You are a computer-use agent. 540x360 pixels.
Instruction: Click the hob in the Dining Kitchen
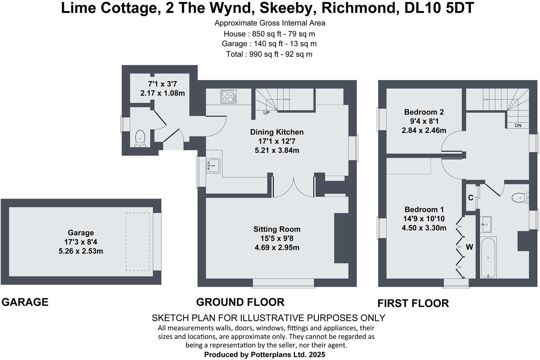[x=229, y=97]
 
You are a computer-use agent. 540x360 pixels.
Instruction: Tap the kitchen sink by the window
[x=213, y=165]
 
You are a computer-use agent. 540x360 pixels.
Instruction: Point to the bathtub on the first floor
[x=488, y=258]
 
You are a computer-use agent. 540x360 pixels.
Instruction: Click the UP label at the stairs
[x=266, y=113]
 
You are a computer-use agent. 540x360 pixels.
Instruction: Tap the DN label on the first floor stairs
[x=518, y=125]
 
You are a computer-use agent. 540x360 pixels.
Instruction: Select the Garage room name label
[x=81, y=233]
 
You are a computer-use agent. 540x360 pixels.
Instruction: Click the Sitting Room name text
[x=277, y=229]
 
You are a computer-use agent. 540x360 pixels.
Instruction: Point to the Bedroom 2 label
[x=424, y=112]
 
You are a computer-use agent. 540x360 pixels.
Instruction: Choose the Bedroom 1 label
[x=424, y=209]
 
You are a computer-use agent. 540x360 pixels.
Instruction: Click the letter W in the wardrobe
[x=469, y=247]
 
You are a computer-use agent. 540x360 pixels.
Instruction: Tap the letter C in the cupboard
[x=470, y=198]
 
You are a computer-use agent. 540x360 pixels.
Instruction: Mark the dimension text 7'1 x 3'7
[x=162, y=84]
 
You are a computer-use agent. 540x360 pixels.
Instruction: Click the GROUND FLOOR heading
[x=240, y=302]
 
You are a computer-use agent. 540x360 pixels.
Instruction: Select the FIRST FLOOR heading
[x=413, y=304]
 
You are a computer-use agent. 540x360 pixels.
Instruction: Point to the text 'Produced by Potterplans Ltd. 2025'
[x=265, y=355]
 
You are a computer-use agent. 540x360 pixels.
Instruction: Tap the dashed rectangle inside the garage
[x=138, y=242]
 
